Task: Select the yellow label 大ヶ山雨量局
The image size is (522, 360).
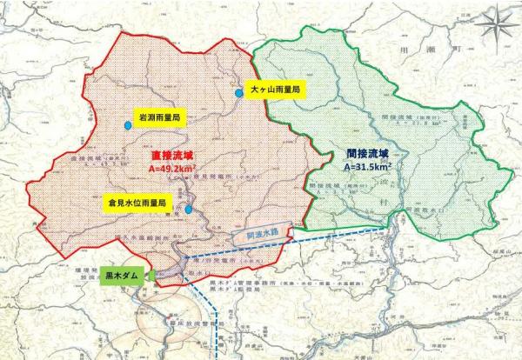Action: tap(272, 90)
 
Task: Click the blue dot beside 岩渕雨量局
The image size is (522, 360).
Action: tap(128, 126)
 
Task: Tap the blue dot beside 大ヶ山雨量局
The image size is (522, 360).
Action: tap(238, 91)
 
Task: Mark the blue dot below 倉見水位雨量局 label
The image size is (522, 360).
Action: tap(188, 210)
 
